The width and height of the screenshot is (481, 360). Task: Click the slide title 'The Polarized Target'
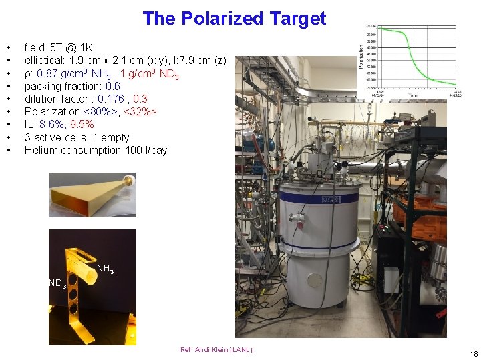[x=234, y=18]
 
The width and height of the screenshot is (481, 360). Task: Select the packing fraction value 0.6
[x=113, y=86]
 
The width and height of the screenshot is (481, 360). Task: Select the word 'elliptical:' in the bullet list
[x=45, y=61]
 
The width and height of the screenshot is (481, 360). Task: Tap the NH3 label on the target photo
[x=105, y=270]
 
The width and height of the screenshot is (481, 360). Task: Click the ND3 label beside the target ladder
[x=57, y=284]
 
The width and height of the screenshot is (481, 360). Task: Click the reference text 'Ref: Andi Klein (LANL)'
[x=216, y=350]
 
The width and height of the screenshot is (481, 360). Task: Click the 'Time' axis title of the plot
[x=413, y=96]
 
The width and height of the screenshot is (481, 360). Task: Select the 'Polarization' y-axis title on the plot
[x=361, y=57]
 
